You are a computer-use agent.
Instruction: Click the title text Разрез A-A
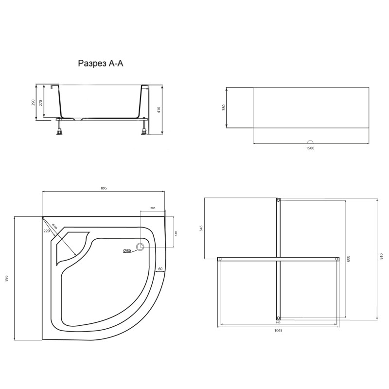(101, 63)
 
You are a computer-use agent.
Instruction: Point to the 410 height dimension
(159, 109)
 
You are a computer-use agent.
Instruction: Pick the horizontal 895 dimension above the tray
(104, 188)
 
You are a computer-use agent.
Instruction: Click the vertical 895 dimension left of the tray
(6, 279)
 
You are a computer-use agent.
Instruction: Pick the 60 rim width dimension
(159, 268)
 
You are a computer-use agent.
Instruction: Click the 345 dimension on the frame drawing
(201, 229)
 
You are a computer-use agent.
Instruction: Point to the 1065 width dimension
(278, 330)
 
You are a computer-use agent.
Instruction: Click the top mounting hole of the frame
(278, 200)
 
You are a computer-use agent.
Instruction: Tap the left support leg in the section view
(60, 127)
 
